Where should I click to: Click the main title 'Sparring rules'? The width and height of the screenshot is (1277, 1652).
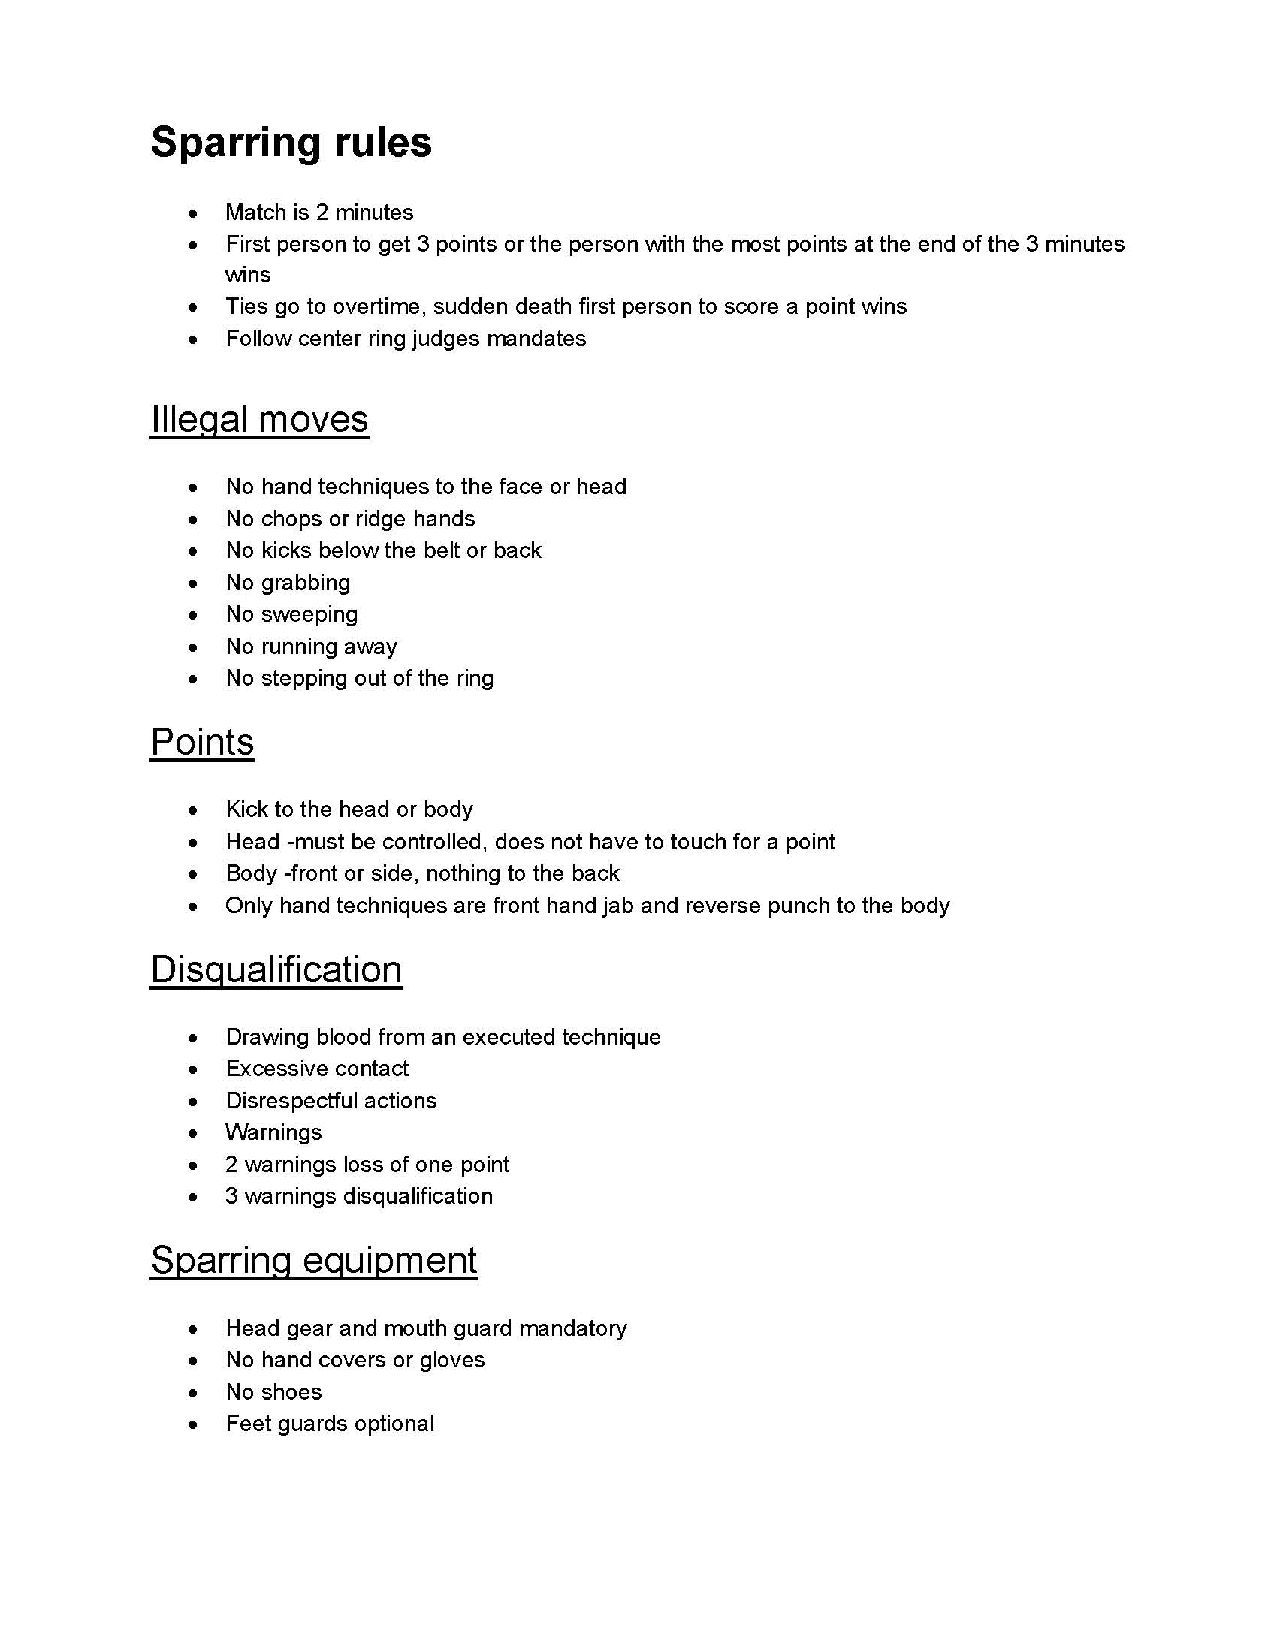tap(291, 142)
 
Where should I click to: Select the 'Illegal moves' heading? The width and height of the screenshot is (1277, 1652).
tap(259, 419)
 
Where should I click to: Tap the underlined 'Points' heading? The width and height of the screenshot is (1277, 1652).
tap(202, 741)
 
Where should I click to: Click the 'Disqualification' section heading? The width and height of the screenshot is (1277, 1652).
tap(276, 969)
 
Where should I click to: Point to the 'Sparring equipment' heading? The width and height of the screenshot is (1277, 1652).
tap(313, 1259)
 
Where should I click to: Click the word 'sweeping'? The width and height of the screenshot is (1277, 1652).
tap(309, 614)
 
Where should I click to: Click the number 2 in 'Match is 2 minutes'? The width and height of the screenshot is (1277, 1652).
tap(322, 213)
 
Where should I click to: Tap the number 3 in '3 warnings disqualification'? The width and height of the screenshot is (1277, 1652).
tap(231, 1197)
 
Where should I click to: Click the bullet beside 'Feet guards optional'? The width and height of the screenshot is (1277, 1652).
tap(194, 1424)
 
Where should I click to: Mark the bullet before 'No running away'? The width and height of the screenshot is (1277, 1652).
tap(194, 647)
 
